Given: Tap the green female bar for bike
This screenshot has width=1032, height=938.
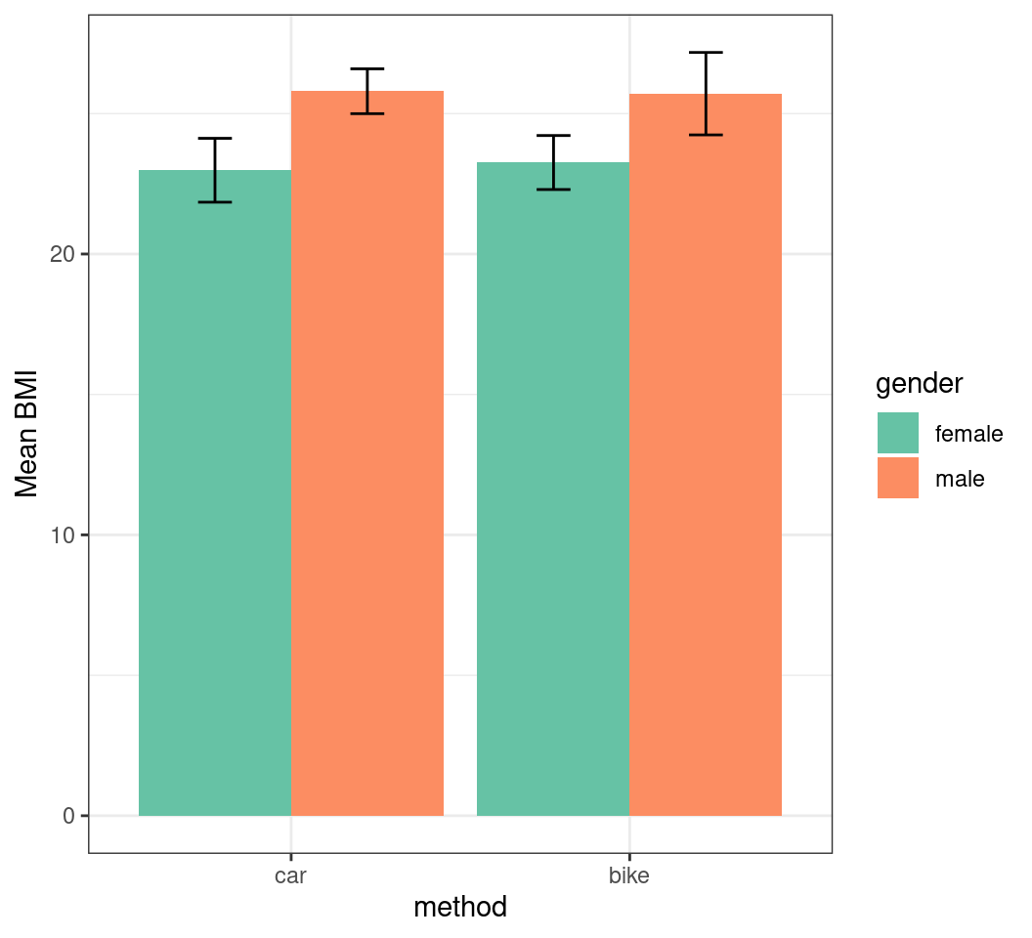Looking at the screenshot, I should pyautogui.click(x=553, y=489).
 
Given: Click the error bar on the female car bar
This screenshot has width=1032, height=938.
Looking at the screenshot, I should pyautogui.click(x=215, y=170).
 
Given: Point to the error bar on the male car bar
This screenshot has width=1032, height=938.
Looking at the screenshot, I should pyautogui.click(x=367, y=91).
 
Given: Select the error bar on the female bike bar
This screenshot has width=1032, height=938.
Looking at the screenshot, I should pyautogui.click(x=553, y=162).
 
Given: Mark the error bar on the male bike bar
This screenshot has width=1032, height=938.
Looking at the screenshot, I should pyautogui.click(x=706, y=93).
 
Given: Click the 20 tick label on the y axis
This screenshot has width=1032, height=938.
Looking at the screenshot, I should pyautogui.click(x=63, y=254).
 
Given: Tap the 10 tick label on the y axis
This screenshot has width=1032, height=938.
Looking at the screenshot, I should pyautogui.click(x=63, y=535).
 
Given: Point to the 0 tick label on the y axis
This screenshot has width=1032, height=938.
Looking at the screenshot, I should pyautogui.click(x=69, y=816).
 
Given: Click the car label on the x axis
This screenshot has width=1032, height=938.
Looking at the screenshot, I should pyautogui.click(x=290, y=875).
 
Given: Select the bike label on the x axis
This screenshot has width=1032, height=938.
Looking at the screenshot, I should pyautogui.click(x=628, y=875).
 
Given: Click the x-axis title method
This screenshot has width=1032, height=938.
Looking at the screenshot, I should pyautogui.click(x=460, y=908).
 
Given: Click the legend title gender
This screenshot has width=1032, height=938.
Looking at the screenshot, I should pyautogui.click(x=919, y=384).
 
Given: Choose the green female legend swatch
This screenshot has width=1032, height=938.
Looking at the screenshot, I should pyautogui.click(x=897, y=433).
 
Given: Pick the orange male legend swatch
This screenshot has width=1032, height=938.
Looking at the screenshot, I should pyautogui.click(x=897, y=478).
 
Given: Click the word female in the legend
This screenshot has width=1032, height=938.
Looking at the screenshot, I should pyautogui.click(x=968, y=434).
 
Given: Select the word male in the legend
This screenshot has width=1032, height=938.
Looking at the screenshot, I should pyautogui.click(x=960, y=479).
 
